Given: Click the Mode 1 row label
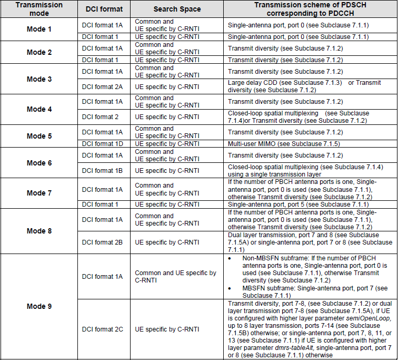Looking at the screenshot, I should pos(39,29).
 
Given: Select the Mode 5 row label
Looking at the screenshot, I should pos(39,136).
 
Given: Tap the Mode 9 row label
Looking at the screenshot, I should pos(39,306).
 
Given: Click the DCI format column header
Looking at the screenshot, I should pos(104,9).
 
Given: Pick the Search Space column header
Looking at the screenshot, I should pos(177,9).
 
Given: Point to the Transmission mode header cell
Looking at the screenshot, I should pos(39,9).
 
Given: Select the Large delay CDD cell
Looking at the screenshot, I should pos(304,86).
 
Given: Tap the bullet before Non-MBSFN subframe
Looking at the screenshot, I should pos(231,259).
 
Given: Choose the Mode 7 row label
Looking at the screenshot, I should pos(39,193).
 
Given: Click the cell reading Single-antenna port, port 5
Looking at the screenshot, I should pos(298,204).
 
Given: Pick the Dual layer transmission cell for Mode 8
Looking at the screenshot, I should pos(310,242).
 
